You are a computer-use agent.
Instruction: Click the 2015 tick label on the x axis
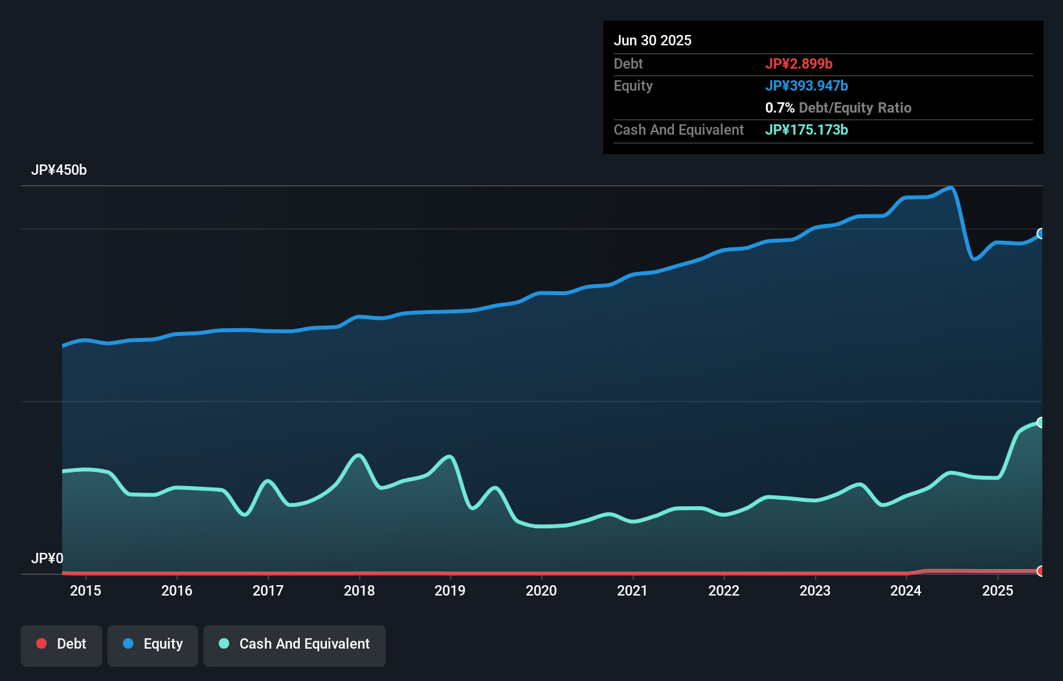tap(85, 591)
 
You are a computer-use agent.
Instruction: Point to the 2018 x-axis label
tap(359, 591)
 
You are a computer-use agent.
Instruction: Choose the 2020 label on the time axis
tap(541, 591)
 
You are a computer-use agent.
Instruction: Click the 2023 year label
tap(815, 591)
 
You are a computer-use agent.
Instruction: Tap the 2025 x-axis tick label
tap(998, 591)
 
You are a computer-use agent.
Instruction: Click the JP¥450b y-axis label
tap(59, 170)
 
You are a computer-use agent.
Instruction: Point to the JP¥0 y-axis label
tap(47, 559)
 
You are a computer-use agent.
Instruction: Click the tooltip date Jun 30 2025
tap(653, 41)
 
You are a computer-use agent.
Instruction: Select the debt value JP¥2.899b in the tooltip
tap(799, 64)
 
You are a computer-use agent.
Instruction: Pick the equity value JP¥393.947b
tap(807, 86)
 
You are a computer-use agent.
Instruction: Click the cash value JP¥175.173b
tap(807, 130)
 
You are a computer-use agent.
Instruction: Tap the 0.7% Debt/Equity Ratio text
tap(838, 108)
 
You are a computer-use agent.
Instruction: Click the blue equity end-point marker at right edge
tap(1041, 234)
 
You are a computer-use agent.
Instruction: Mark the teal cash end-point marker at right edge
tap(1041, 423)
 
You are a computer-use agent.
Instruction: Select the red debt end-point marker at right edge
tap(1041, 571)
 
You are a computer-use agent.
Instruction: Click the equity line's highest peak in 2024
tap(950, 188)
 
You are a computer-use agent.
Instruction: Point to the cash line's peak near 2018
tap(359, 455)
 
